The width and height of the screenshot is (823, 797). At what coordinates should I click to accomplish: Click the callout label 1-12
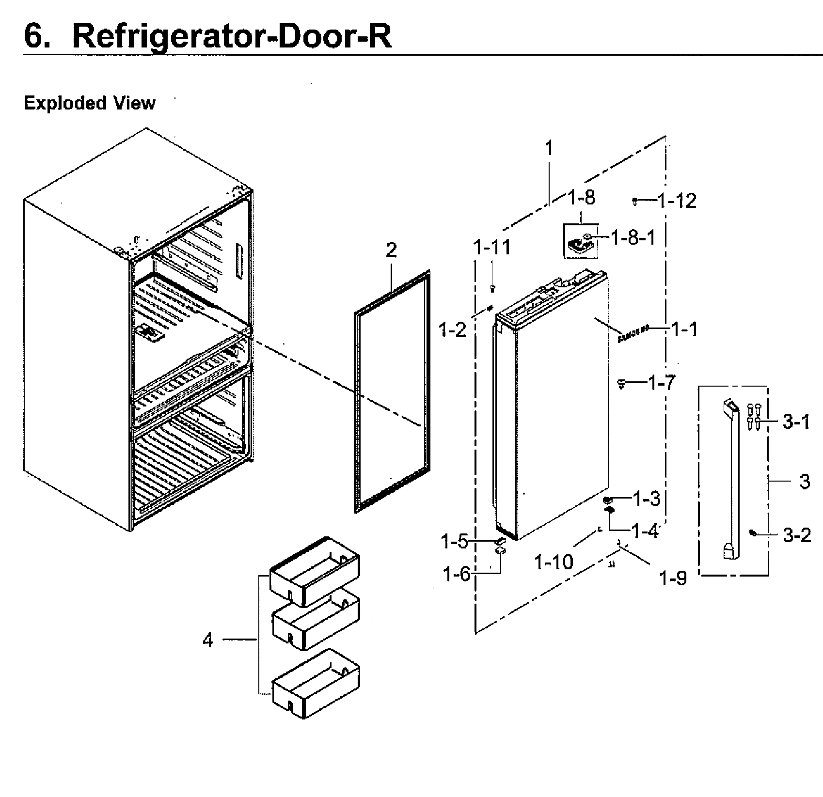(x=677, y=201)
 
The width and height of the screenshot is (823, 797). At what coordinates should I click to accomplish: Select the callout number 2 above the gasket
(x=391, y=250)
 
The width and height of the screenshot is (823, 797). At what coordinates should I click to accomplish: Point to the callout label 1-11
(x=492, y=248)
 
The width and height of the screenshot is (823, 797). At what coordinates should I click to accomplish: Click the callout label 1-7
(x=662, y=384)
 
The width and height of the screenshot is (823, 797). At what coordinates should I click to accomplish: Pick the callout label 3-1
(x=796, y=422)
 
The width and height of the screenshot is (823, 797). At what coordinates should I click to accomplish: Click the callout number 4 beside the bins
(x=208, y=640)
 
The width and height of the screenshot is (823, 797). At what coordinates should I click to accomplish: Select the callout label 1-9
(x=674, y=578)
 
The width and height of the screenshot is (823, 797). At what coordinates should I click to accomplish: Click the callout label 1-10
(x=554, y=562)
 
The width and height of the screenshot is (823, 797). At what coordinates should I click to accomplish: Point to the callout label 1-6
(x=456, y=574)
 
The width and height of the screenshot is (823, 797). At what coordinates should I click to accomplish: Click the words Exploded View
(x=90, y=103)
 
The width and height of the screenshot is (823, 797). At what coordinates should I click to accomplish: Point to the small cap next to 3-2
(x=752, y=532)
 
